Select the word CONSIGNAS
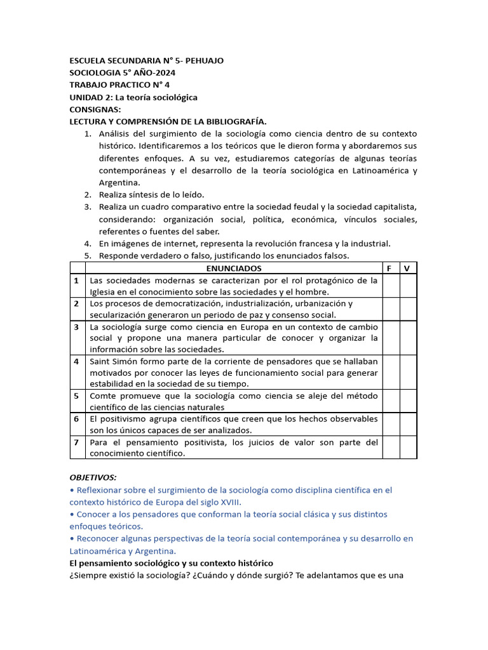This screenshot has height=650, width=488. click(95, 109)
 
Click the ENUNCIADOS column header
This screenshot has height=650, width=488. click(233, 268)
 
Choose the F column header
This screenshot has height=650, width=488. click(389, 268)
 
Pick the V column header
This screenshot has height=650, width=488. click(407, 268)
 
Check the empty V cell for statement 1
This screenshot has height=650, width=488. click(407, 286)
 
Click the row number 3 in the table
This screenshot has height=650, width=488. click(76, 327)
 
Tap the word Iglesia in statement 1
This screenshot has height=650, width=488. click(104, 292)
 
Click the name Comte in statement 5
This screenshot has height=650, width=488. click(104, 395)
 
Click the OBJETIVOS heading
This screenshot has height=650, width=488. click(93, 477)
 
